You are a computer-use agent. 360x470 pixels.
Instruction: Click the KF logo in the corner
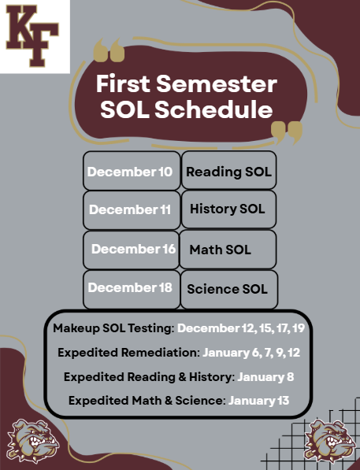34,35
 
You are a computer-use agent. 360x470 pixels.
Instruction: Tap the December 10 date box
131,171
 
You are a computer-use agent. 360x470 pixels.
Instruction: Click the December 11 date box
131,209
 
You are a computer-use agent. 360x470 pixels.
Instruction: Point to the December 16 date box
131,249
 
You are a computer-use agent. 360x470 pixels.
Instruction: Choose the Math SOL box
228,249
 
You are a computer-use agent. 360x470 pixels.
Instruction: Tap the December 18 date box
131,288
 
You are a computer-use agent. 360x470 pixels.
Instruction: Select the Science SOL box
228,288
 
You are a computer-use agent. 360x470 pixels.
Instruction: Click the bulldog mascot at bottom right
328,441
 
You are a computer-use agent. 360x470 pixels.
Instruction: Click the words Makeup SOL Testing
113,327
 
